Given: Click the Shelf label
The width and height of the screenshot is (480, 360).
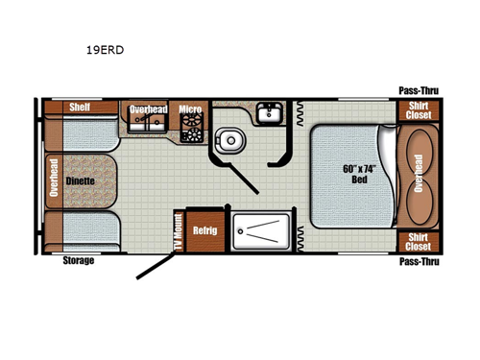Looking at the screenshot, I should pyautogui.click(x=79, y=107).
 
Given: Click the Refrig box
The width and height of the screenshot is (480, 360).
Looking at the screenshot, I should pyautogui.click(x=203, y=230).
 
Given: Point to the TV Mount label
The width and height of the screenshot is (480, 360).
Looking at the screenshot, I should pyautogui.click(x=179, y=231).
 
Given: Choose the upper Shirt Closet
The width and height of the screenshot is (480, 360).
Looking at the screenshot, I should pyautogui.click(x=418, y=109).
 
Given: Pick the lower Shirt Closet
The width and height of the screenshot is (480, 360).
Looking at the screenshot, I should pyautogui.click(x=418, y=242).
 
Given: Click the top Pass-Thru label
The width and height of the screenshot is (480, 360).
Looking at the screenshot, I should pyautogui.click(x=419, y=92).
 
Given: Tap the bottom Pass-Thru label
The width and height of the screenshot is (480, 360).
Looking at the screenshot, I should pyautogui.click(x=419, y=260).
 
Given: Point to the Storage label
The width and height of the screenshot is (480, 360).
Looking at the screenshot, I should pyautogui.click(x=78, y=260).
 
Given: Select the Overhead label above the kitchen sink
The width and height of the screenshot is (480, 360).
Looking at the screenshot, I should pyautogui.click(x=148, y=108).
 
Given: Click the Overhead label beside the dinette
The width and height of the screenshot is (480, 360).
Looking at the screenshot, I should pyautogui.click(x=53, y=178).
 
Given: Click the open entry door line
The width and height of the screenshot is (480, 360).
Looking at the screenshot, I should pyautogui.click(x=155, y=265).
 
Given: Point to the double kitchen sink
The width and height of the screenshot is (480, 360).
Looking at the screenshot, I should pyautogui.click(x=148, y=127).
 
